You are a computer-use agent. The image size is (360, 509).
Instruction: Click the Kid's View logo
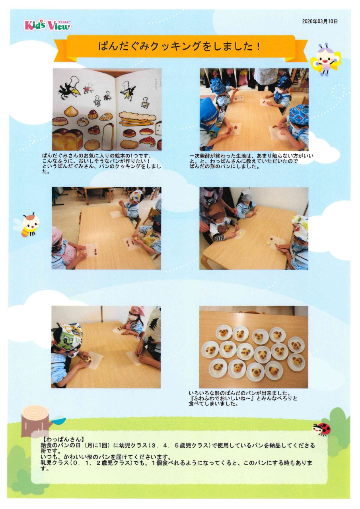pyautogui.click(x=47, y=25)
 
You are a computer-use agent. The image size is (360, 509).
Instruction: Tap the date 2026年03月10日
pyautogui.click(x=320, y=21)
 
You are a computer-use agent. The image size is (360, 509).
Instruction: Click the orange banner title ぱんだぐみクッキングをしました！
pyautogui.click(x=179, y=46)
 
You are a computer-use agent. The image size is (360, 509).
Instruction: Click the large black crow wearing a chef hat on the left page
pyautogui.click(x=70, y=88)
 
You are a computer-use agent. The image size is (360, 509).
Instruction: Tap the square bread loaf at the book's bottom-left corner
pyautogui.click(x=67, y=139)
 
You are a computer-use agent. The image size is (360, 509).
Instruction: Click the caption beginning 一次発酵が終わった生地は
pyautogui.click(x=251, y=161)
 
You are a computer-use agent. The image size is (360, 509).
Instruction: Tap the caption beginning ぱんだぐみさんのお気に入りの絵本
pyautogui.click(x=101, y=164)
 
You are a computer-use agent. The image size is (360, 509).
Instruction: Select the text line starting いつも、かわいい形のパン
pyautogui.click(x=106, y=457)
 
